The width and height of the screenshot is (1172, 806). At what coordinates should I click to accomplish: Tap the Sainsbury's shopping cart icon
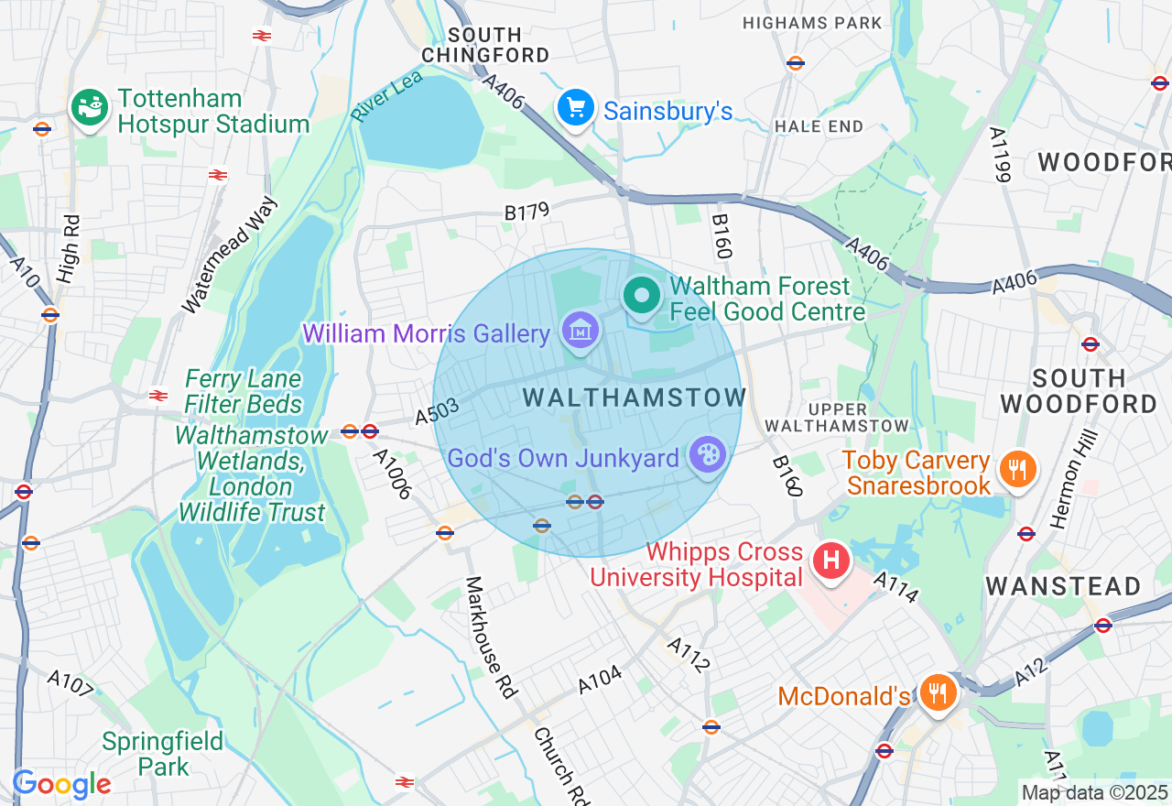pos(575,109)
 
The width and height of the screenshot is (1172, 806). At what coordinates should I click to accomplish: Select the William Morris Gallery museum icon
pos(581,331)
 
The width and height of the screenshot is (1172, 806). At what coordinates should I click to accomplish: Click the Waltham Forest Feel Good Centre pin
pos(642,296)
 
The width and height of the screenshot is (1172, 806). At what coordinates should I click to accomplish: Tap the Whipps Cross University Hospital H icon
pos(831,560)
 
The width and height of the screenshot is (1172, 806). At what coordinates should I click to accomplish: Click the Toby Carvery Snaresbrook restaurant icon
pos(1015,470)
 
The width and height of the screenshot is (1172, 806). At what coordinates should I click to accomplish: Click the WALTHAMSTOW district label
pos(635,398)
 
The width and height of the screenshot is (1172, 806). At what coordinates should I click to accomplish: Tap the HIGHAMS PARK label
pos(813,23)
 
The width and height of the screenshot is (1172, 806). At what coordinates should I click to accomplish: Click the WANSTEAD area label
pos(1063,585)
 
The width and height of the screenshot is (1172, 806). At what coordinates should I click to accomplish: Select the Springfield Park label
pos(163,754)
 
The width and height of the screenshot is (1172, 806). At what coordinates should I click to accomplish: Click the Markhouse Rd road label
pos(490,637)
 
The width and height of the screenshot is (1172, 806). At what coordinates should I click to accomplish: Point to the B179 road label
pos(526,212)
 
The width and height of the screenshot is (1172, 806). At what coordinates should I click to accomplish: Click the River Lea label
pos(387,95)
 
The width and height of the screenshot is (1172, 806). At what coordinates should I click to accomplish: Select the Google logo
pos(61,784)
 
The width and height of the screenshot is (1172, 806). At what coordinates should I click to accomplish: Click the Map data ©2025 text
pos(1094,792)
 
